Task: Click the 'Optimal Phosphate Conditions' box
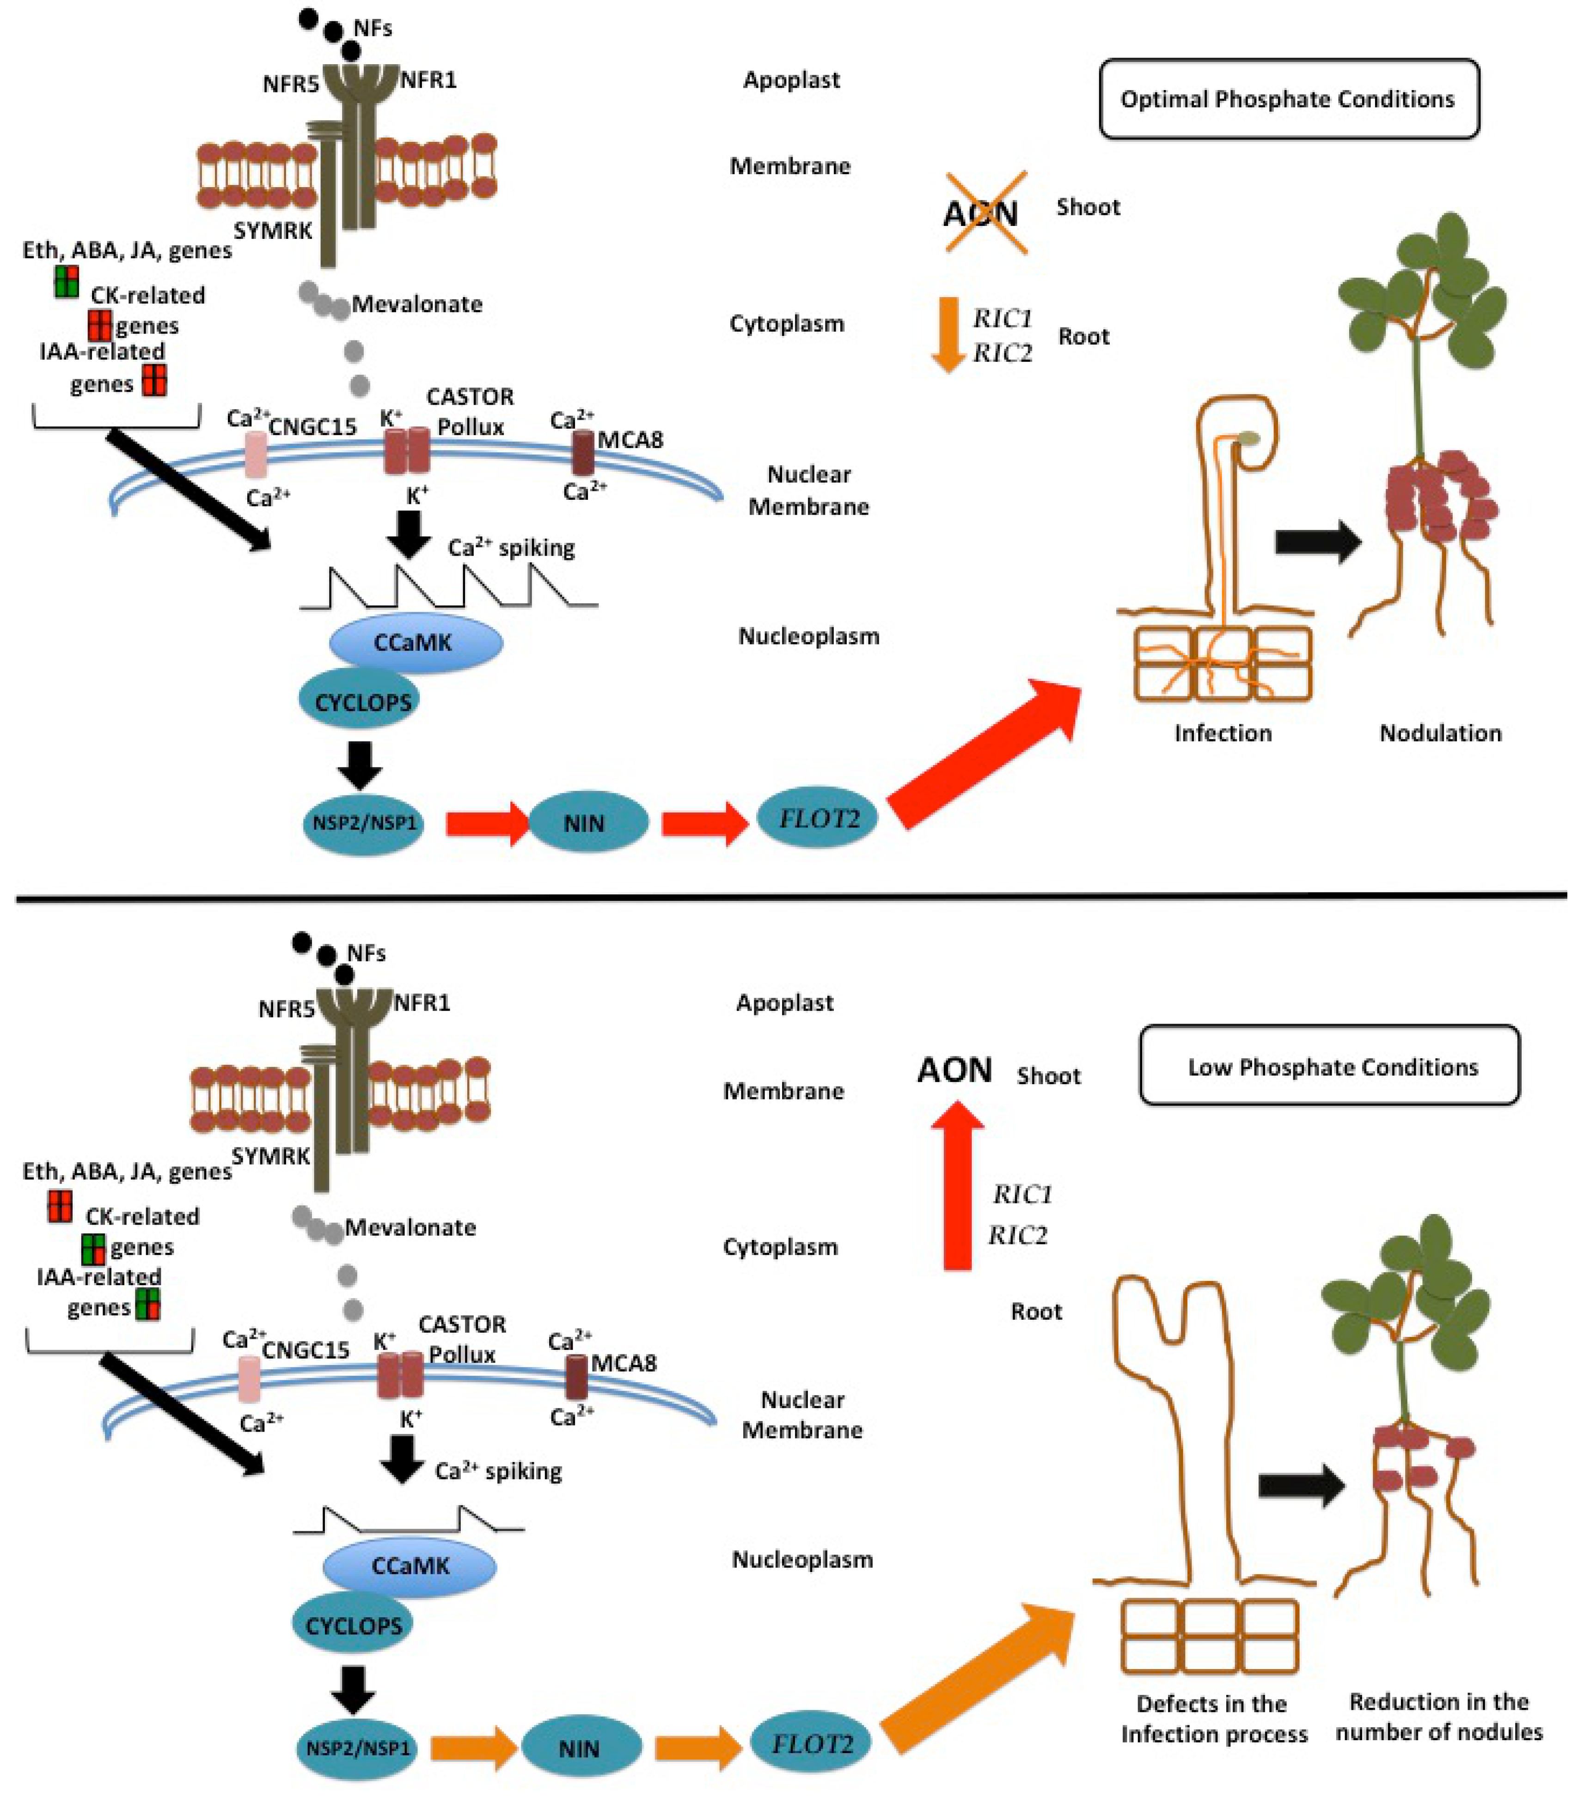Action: (1288, 98)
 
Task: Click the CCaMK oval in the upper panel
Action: (415, 643)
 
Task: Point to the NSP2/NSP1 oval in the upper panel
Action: (363, 823)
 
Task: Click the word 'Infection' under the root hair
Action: (1223, 732)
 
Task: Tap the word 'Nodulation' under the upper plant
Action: (1440, 732)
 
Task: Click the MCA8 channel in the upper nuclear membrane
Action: (583, 453)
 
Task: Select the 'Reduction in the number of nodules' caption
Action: (1439, 1717)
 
